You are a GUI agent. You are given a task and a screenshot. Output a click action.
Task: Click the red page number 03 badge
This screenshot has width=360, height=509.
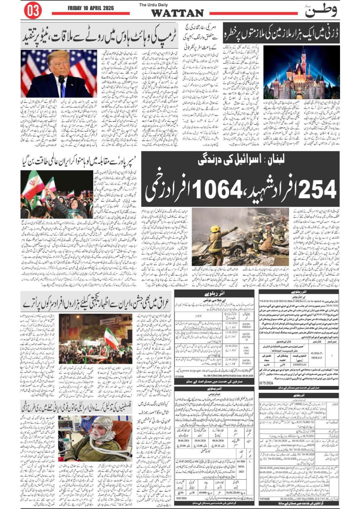[33, 11]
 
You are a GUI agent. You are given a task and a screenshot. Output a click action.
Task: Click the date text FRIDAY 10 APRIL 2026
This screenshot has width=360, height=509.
[90, 8]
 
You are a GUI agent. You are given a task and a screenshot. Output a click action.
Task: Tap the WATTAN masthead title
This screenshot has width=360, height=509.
[177, 13]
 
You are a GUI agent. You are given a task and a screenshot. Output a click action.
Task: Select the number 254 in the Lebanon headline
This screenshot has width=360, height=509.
[317, 189]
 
